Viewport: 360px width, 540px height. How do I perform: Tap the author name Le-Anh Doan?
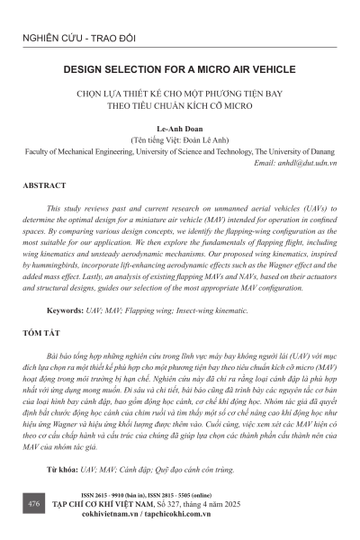coord(179,129)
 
